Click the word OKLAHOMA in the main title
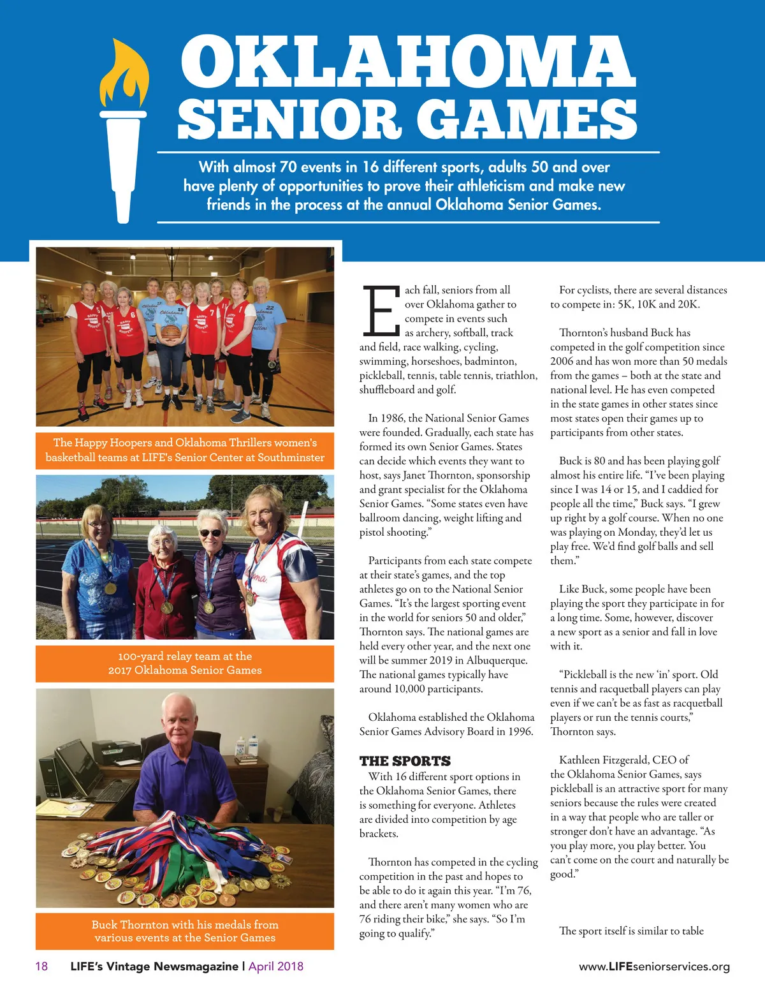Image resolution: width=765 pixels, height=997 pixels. click(x=408, y=62)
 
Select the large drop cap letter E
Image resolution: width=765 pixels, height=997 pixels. click(x=380, y=311)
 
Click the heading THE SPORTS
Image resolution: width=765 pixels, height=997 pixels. click(x=405, y=761)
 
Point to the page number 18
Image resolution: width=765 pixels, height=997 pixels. click(x=41, y=966)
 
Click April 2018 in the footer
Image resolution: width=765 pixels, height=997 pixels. click(x=276, y=966)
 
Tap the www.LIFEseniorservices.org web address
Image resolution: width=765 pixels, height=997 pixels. click(x=654, y=967)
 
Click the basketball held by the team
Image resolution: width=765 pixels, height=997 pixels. click(x=170, y=333)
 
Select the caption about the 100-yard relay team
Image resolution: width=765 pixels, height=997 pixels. click(x=185, y=663)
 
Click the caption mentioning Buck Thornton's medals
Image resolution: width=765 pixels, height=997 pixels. click(x=185, y=931)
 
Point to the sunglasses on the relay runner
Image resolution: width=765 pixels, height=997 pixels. click(x=210, y=533)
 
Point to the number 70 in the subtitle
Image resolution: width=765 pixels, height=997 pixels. click(x=288, y=167)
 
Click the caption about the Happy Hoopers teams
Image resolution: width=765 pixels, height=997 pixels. click(x=185, y=450)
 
